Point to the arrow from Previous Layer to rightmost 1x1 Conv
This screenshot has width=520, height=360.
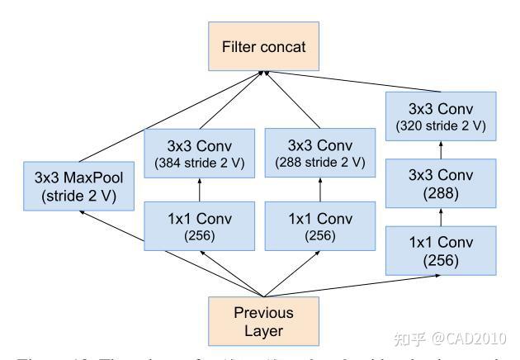pos(355,285)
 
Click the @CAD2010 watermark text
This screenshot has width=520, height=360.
pos(471,339)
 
